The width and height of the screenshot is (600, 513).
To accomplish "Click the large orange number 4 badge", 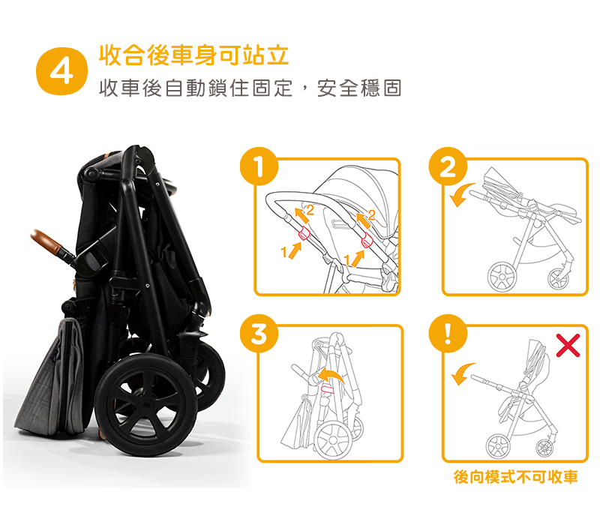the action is click(x=61, y=71).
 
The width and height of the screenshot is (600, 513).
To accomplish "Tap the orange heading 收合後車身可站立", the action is click(x=193, y=55).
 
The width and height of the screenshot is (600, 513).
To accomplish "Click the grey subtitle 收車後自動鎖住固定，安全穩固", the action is click(x=250, y=88).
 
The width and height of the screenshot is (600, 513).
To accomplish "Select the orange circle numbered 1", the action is click(x=259, y=166).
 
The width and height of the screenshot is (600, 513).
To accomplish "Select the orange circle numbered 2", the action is click(x=448, y=166).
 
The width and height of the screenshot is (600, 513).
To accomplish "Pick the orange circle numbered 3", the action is click(x=259, y=334).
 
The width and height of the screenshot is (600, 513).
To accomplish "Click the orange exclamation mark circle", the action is click(x=448, y=334).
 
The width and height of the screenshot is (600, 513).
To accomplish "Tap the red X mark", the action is click(x=568, y=346).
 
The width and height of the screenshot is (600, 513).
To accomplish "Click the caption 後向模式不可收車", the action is click(x=515, y=477).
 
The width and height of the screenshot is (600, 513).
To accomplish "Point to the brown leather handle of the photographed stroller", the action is click(x=46, y=241).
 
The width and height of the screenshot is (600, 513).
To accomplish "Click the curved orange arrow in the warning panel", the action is click(x=462, y=372).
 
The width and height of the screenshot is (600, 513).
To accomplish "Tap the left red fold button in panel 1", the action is click(x=304, y=232).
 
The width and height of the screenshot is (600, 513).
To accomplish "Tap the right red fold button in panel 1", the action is click(x=367, y=240).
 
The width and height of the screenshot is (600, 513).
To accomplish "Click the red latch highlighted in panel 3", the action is click(x=327, y=389).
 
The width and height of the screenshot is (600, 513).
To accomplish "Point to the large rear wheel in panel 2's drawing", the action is click(x=502, y=277).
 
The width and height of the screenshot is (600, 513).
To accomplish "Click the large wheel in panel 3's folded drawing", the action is click(x=332, y=440).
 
